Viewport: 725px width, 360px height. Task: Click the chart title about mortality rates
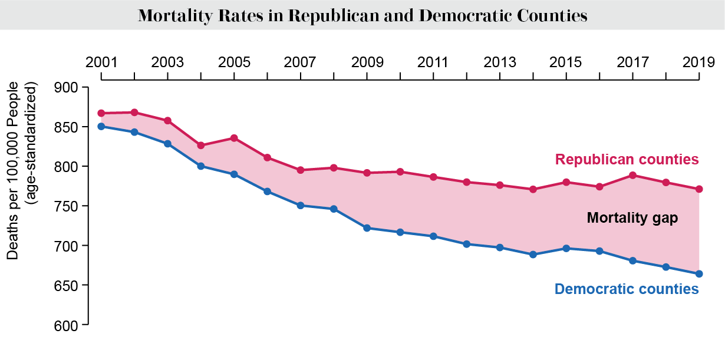[x=362, y=15]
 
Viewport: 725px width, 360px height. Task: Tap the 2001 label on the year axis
[x=101, y=62]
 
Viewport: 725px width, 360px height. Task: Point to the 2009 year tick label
[x=367, y=62]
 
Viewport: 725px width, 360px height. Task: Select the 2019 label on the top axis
[x=699, y=62]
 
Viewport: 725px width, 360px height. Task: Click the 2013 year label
[x=500, y=62]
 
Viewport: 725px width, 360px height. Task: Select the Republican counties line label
[x=627, y=160]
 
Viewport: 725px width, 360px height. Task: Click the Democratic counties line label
[x=627, y=289]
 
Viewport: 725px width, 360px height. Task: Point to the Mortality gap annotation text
[x=632, y=219]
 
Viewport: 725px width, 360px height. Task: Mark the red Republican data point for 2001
[x=101, y=113]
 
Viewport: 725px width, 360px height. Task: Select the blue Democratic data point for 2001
[x=101, y=126]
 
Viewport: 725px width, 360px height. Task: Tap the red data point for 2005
[x=234, y=138]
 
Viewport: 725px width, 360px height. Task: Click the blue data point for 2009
[x=367, y=228]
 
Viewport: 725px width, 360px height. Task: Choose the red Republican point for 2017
[x=633, y=175]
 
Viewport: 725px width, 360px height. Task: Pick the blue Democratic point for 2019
[x=699, y=273]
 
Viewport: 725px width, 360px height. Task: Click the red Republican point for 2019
[x=699, y=189]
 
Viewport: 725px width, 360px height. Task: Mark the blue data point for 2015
[x=566, y=248]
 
